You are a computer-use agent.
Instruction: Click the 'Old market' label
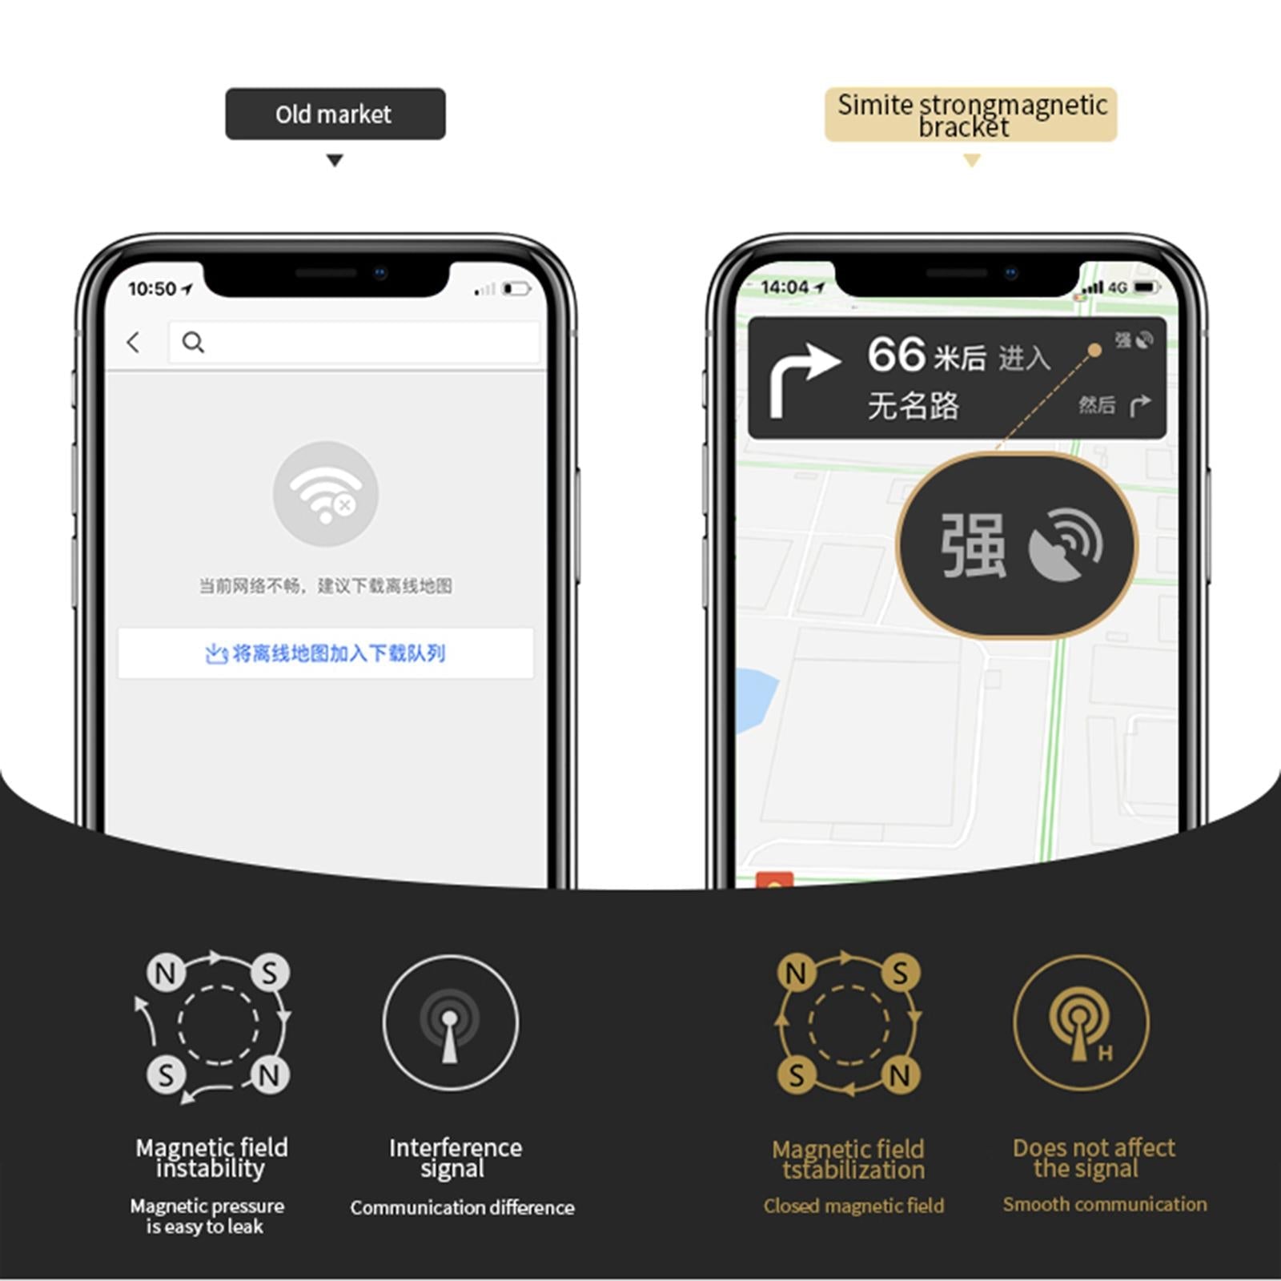334,114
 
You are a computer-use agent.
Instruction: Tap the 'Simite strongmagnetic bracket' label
972,115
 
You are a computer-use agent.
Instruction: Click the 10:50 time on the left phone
152,289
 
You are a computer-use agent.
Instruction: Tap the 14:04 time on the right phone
785,287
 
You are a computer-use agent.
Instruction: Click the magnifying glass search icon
193,343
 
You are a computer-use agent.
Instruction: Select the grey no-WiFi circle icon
326,494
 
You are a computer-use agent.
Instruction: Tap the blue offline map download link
325,654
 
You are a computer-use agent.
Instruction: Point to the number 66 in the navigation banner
897,355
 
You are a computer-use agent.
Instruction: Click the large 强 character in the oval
973,546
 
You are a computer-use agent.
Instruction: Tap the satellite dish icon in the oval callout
1066,544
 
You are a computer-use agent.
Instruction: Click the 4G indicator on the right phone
1118,287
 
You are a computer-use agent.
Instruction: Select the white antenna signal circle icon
451,1023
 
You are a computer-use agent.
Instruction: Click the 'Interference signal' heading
455,1158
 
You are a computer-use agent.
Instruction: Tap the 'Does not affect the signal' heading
1094,1158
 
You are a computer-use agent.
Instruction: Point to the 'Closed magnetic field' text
853,1206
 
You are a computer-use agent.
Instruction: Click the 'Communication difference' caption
462,1207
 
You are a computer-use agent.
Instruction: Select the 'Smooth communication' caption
1105,1204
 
